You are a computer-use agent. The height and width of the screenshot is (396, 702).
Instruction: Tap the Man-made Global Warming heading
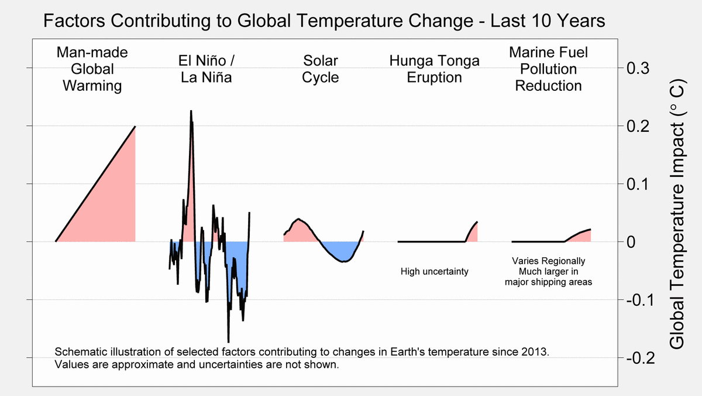coord(92,69)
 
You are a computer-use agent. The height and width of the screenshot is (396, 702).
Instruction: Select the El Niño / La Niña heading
coord(205,69)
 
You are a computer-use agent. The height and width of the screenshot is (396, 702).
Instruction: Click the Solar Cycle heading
coord(321,69)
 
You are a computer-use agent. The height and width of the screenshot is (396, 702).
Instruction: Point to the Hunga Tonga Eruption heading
coord(434,69)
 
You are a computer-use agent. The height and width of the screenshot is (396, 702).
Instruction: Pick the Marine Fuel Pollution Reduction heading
coord(549,69)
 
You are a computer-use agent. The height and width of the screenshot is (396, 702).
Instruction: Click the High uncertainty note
coord(435,271)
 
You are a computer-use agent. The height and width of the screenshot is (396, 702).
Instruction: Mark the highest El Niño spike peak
coord(191,111)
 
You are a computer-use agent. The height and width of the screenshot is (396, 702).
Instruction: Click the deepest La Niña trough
coord(228,341)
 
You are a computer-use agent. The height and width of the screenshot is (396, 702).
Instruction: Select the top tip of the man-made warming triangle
coord(135,127)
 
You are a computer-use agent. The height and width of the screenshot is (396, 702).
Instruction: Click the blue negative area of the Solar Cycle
coord(342,251)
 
